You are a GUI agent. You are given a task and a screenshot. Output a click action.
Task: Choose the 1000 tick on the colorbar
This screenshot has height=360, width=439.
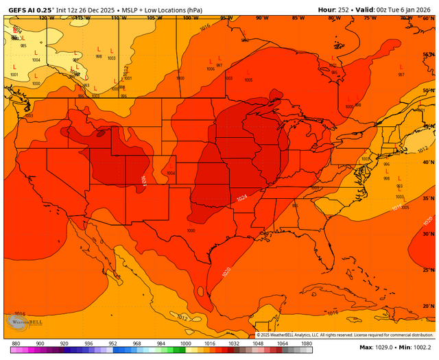tap(186, 343)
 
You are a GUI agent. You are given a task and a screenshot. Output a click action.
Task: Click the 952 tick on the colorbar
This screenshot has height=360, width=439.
tap(112, 343)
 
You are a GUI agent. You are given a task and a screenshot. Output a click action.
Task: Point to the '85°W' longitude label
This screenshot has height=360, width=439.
tap(296, 18)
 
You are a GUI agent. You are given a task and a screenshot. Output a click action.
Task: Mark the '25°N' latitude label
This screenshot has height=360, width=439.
tap(429, 269)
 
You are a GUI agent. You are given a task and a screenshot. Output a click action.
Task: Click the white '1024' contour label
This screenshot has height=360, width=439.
tap(242, 197)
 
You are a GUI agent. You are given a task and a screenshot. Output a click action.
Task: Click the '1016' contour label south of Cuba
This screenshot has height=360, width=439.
tap(332, 313)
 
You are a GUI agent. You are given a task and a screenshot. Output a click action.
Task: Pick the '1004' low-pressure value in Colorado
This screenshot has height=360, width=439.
tap(171, 173)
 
